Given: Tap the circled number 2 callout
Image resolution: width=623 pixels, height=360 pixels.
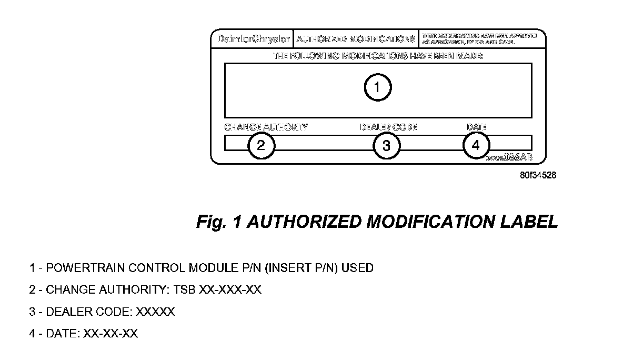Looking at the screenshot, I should click(x=262, y=145).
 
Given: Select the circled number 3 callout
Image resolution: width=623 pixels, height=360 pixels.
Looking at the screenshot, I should click(x=387, y=145).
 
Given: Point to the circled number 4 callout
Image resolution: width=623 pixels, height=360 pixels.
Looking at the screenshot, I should click(x=476, y=145).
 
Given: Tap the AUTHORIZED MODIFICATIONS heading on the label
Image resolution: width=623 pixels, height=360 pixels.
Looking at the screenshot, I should click(x=356, y=39).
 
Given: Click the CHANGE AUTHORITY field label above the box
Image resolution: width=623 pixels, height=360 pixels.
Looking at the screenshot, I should click(x=266, y=127).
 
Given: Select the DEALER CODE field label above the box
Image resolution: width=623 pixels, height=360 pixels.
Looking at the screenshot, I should click(x=388, y=127).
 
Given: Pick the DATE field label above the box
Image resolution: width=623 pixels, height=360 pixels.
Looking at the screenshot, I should click(x=477, y=127).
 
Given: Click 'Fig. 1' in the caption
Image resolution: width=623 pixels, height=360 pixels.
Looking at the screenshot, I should click(x=218, y=222).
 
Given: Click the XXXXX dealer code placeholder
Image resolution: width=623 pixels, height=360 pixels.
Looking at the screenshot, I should click(x=155, y=312).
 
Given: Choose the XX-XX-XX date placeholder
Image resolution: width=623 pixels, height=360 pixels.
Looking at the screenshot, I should click(x=110, y=334).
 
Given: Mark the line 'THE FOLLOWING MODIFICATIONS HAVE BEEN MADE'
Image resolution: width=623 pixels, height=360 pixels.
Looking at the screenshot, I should click(x=378, y=56).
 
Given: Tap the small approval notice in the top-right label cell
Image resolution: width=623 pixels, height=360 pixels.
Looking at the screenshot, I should click(x=480, y=39).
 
